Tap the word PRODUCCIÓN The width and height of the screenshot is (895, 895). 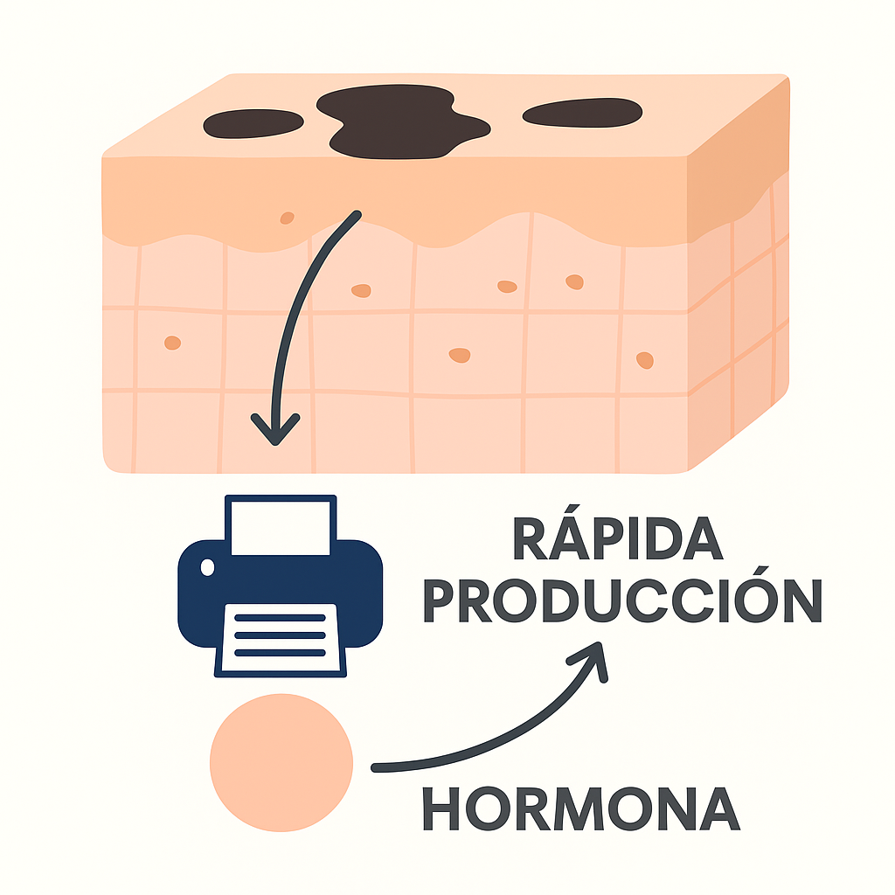coord(623,600)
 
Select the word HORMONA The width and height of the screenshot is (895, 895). coord(581,808)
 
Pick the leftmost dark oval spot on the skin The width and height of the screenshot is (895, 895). coord(253,123)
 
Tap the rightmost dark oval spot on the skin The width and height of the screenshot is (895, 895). coord(582,113)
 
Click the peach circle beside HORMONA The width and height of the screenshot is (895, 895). coord(281,762)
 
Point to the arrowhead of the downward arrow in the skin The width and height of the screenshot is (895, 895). coord(275,431)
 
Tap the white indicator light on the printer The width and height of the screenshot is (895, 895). coord(208,567)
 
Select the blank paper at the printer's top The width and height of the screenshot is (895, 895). coord(281,527)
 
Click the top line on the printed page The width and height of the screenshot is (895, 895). coord(280,618)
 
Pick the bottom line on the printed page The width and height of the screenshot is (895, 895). coord(280,653)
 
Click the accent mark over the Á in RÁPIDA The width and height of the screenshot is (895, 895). coord(573,510)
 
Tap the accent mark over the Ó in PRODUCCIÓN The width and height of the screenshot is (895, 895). coord(761,571)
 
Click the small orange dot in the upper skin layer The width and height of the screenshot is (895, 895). coord(287,218)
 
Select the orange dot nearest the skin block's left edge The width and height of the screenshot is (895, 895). coord(172,343)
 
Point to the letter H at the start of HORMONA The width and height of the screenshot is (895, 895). coord(441,808)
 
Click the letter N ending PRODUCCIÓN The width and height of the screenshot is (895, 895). coord(803,601)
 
